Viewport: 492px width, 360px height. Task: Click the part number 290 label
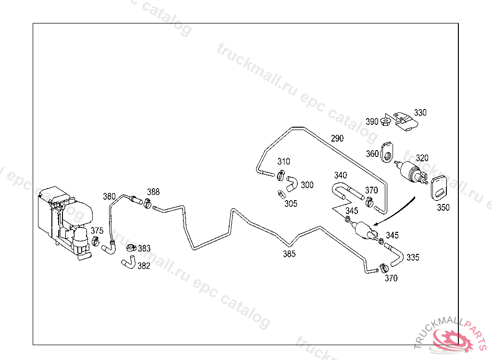pos(337,138)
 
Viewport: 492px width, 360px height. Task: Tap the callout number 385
pos(289,254)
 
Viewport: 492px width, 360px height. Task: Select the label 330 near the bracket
pos(420,113)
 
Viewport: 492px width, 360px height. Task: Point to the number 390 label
pos(372,122)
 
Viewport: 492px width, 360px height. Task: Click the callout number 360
pos(372,154)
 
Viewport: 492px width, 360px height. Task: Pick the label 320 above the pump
pos(422,158)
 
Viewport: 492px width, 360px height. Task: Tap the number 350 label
pos(443,208)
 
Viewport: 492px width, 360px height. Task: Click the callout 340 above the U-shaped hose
pos(341,175)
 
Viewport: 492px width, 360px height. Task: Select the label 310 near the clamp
pos(283,162)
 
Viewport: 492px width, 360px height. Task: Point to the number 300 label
pos(307,185)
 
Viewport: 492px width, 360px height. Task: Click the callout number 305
pos(291,204)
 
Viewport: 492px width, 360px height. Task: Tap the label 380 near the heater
pos(109,196)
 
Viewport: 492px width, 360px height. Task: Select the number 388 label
pos(153,192)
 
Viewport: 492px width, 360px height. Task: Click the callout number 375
pos(97,230)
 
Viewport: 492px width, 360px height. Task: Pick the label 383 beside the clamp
pos(144,249)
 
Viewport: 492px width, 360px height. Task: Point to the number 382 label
pos(144,266)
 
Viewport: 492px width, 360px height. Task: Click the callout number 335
pos(413,257)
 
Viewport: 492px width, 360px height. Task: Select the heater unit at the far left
pos(62,221)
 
